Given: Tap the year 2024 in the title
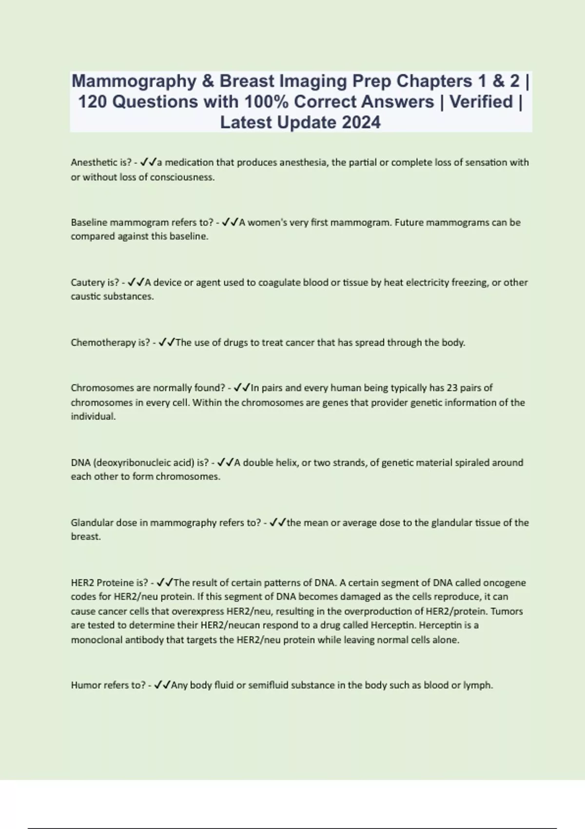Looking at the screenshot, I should [361, 122].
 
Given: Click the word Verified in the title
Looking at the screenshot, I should [481, 101].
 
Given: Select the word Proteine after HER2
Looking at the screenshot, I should [116, 582].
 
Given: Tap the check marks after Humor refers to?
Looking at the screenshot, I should [162, 685].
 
